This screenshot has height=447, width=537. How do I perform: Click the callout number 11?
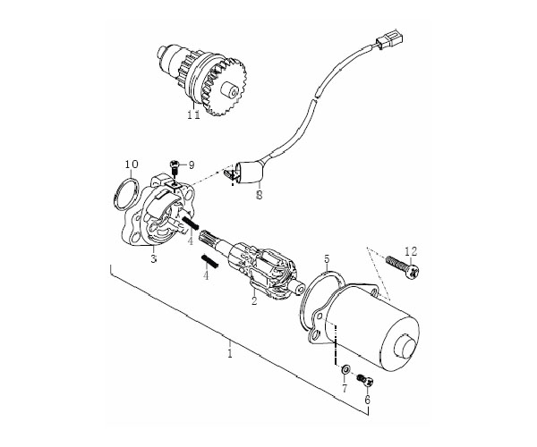[194, 115]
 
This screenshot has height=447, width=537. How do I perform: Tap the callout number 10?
[132, 164]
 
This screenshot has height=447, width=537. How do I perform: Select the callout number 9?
[192, 165]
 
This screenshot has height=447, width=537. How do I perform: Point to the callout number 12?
[411, 251]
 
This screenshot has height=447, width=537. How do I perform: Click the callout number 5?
[327, 259]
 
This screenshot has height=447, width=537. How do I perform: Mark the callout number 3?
[154, 258]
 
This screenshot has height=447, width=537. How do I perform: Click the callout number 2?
[254, 301]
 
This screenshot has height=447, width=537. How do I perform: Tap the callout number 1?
[230, 353]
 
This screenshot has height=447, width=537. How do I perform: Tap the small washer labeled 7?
[345, 369]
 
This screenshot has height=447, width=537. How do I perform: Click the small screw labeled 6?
[366, 380]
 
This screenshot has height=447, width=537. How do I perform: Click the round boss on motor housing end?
[405, 347]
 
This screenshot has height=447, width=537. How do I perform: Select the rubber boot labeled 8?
[250, 173]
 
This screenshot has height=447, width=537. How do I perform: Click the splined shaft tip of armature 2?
[207, 237]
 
